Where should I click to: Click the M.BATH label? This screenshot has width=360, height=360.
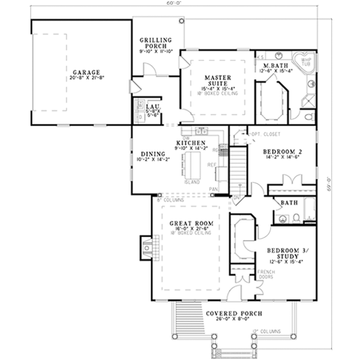pyautogui.click(x=275, y=65)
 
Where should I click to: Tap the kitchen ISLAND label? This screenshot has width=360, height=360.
pyautogui.click(x=193, y=181)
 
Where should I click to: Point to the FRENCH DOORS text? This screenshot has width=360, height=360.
pyautogui.click(x=266, y=275)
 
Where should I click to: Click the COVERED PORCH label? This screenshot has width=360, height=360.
pyautogui.click(x=231, y=314)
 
